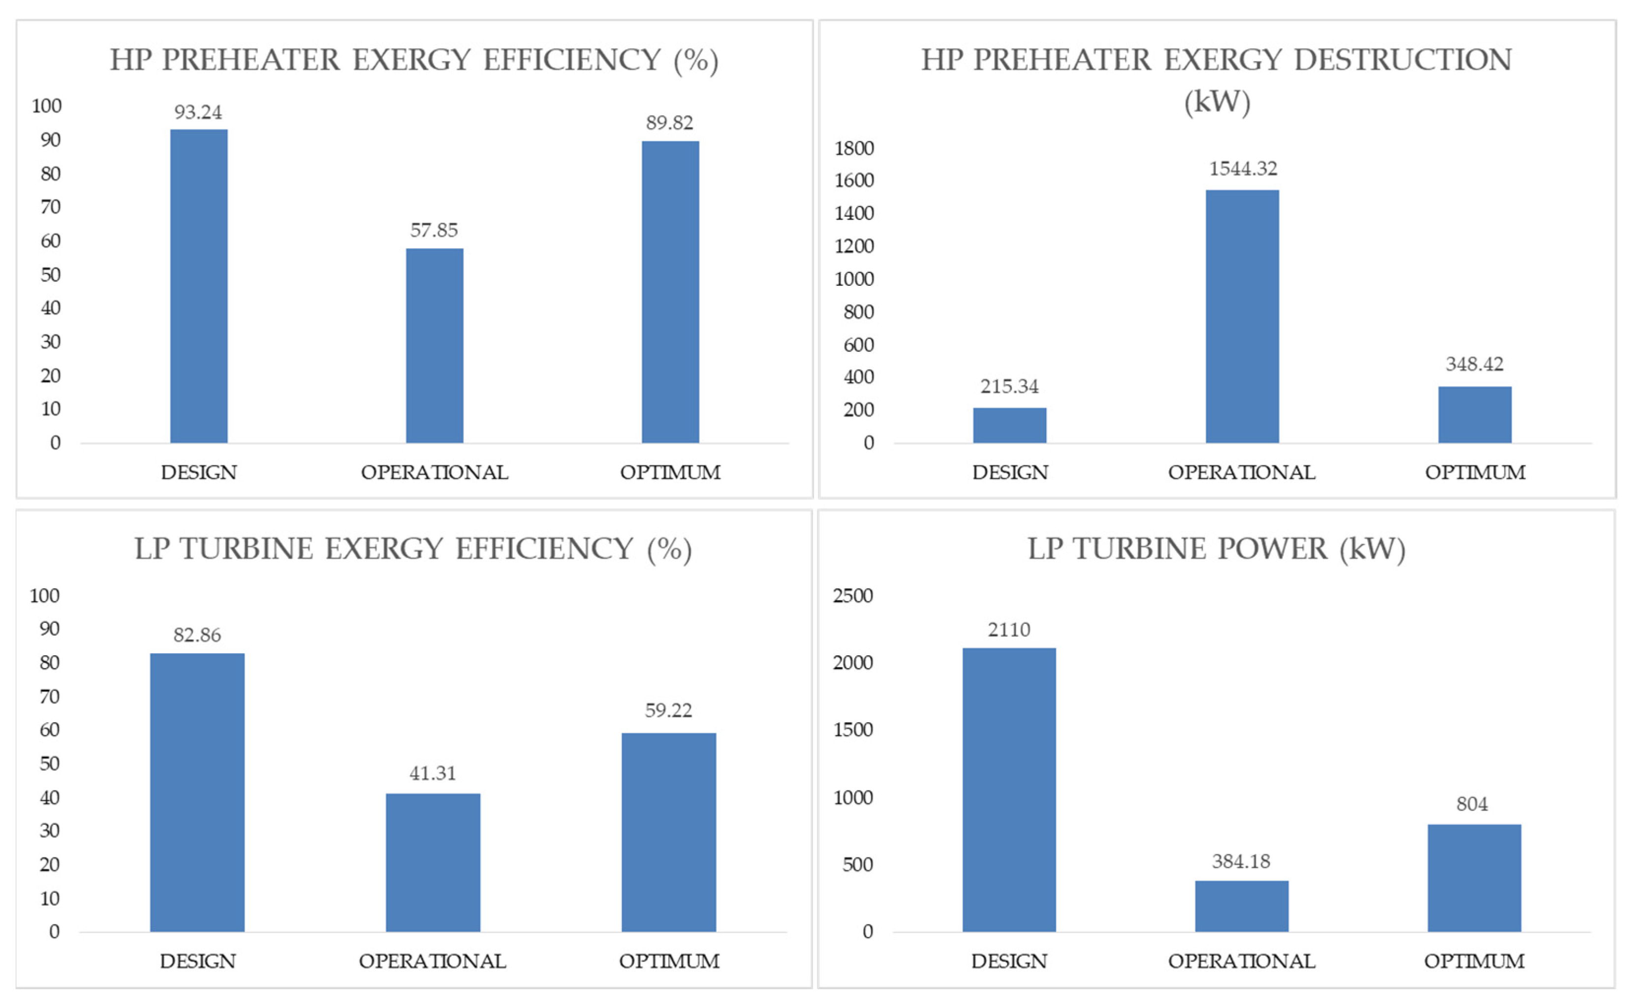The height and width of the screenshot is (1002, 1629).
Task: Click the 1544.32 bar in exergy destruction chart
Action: click(1241, 316)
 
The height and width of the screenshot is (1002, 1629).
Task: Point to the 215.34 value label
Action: click(1008, 386)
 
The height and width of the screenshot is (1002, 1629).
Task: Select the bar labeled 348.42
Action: click(1474, 414)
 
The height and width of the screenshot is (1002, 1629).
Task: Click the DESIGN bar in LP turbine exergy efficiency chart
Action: click(197, 792)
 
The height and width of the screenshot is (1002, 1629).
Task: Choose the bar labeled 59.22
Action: click(668, 832)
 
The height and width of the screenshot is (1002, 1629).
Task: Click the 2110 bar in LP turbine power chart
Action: click(1008, 789)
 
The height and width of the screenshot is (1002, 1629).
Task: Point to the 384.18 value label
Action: click(1241, 861)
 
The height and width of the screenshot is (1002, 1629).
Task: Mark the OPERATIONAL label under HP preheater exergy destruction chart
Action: click(1241, 473)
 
